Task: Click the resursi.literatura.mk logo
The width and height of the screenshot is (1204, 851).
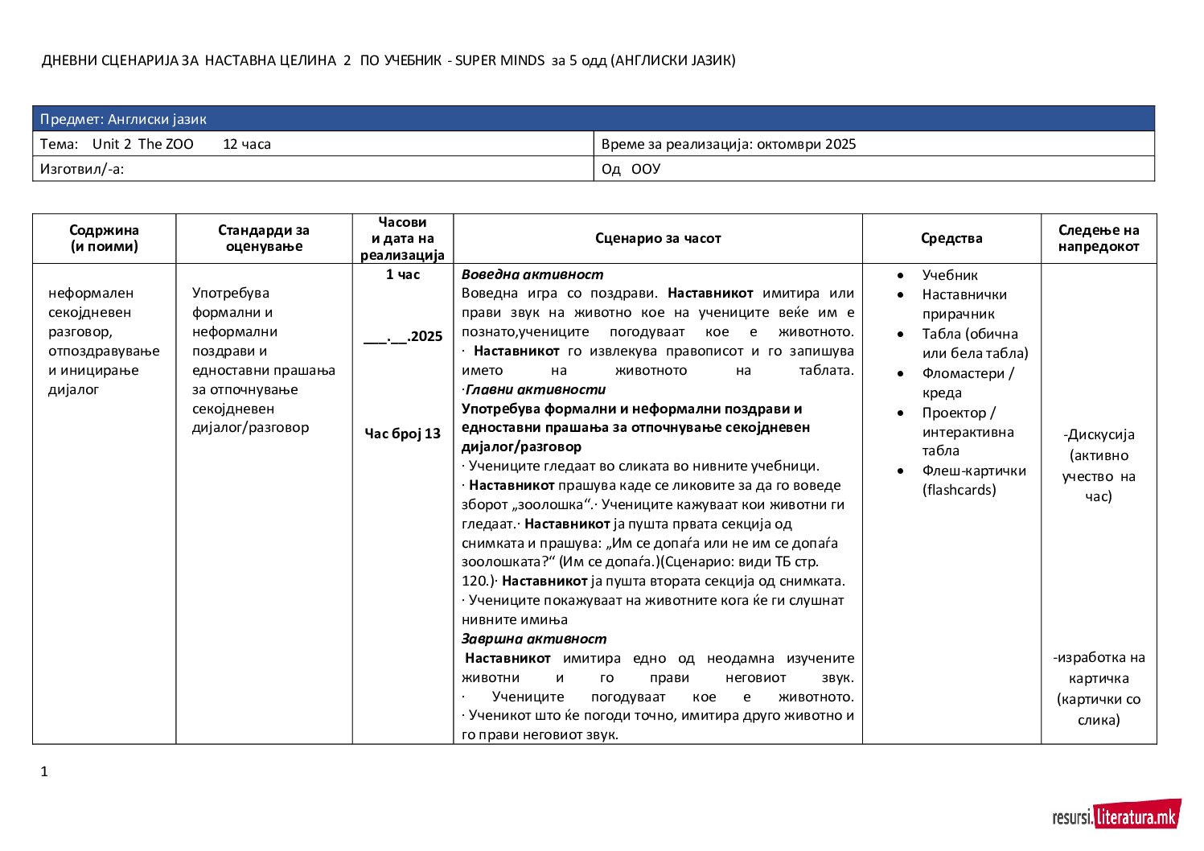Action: [1116, 816]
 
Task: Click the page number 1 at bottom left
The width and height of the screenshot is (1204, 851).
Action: [44, 772]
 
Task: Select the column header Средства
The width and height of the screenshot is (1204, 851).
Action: [951, 238]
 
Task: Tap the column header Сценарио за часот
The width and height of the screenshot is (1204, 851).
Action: [658, 238]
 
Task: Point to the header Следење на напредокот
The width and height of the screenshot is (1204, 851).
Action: [1099, 238]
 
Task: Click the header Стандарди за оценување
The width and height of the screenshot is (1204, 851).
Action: [264, 238]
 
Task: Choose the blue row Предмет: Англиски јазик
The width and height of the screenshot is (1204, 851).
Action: [593, 119]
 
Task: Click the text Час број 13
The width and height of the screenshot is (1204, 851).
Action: [402, 434]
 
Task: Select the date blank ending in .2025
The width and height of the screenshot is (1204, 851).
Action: [402, 336]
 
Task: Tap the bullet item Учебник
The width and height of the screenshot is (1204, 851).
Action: [950, 275]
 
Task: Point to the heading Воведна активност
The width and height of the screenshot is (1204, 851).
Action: [532, 274]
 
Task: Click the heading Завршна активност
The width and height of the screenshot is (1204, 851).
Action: [534, 639]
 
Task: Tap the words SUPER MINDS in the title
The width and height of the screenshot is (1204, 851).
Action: [499, 60]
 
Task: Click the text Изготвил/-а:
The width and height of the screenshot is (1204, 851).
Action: [82, 169]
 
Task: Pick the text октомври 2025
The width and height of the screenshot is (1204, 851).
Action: [806, 145]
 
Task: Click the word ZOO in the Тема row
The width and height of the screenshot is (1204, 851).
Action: [179, 145]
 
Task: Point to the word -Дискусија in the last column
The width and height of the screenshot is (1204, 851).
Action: [1099, 435]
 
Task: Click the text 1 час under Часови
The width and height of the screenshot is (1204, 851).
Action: [402, 274]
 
